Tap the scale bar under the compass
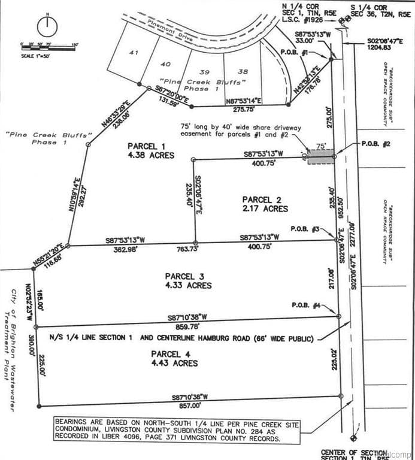coord(48,46)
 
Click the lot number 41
coord(134,53)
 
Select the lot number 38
coord(243,70)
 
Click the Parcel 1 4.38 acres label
coord(150,150)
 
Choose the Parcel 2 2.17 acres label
coord(265,204)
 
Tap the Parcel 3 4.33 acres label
coord(188,281)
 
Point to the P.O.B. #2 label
coord(376,144)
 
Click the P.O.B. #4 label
coord(305,305)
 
